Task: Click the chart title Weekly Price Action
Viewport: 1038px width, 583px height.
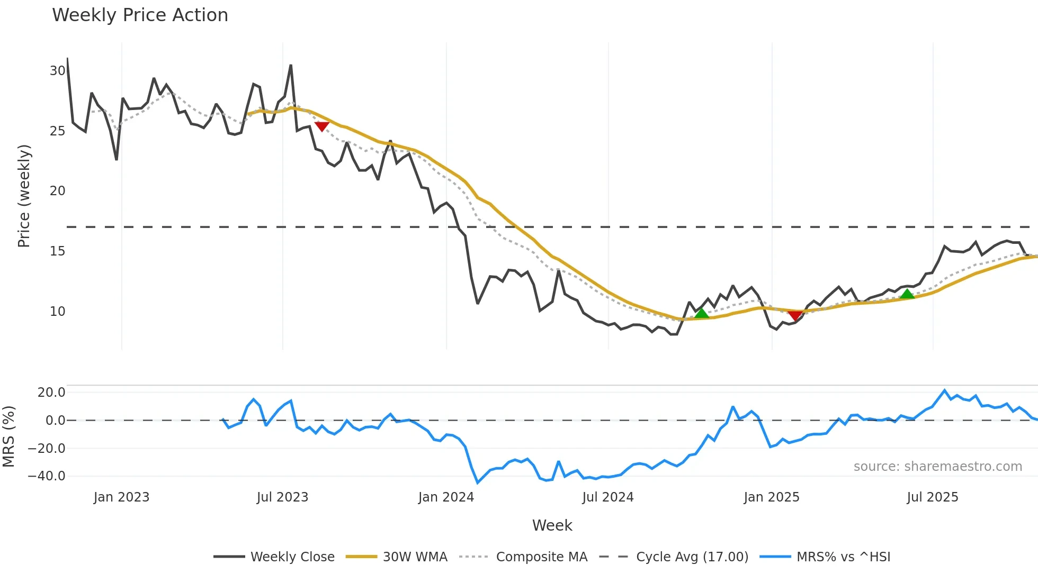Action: click(140, 15)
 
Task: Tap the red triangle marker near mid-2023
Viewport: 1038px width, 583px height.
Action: click(322, 126)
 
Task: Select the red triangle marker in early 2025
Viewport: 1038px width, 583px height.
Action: click(795, 315)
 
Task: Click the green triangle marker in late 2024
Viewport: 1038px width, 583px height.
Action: click(702, 313)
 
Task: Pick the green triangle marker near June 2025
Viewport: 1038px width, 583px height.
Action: click(907, 294)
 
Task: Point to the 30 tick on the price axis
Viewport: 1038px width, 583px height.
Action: click(57, 70)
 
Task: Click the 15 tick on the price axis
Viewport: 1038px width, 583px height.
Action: click(57, 251)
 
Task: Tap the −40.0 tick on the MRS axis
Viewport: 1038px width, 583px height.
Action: click(47, 476)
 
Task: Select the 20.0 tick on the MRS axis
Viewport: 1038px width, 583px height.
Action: click(51, 393)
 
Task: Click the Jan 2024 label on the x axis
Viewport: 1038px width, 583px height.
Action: click(446, 497)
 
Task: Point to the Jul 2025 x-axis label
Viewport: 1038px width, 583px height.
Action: click(933, 497)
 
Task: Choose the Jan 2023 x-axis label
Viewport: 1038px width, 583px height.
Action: click(121, 497)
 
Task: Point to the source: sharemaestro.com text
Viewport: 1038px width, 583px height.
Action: click(937, 467)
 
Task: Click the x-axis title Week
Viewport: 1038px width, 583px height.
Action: click(552, 525)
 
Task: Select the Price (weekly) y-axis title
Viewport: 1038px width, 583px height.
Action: click(24, 196)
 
